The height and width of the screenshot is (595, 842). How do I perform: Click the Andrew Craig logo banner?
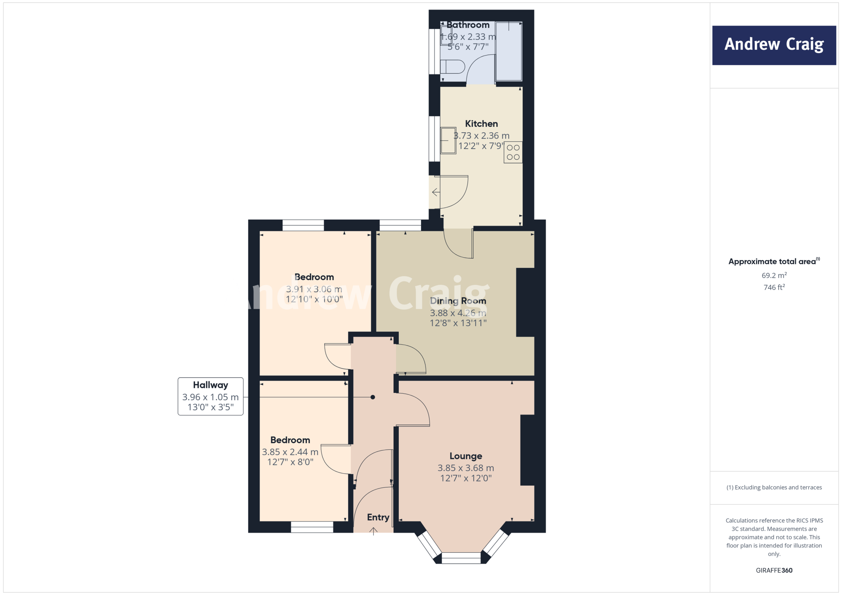click(774, 45)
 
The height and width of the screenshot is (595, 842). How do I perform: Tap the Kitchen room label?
click(481, 124)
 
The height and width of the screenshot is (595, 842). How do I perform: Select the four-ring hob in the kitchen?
click(513, 152)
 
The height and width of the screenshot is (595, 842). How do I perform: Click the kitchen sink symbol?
click(448, 141)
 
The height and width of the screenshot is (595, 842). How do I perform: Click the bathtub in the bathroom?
click(509, 51)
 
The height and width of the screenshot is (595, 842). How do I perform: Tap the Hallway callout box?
click(210, 396)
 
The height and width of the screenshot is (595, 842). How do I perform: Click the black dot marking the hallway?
click(372, 397)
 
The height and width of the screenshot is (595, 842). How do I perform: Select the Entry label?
click(378, 517)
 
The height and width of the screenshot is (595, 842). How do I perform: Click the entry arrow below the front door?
click(373, 531)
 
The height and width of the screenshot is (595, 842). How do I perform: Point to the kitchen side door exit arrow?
click(435, 192)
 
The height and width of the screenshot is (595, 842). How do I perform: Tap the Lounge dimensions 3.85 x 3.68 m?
click(465, 468)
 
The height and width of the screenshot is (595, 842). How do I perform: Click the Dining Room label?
click(458, 301)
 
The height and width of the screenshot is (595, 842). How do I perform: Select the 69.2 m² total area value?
click(774, 275)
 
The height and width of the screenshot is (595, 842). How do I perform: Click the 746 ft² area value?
click(774, 287)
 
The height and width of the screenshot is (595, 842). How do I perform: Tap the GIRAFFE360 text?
click(774, 570)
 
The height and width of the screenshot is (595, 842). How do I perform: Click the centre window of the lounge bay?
click(461, 558)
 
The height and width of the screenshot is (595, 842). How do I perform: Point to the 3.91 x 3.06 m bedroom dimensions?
click(314, 289)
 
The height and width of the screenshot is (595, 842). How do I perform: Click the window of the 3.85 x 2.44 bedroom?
click(312, 527)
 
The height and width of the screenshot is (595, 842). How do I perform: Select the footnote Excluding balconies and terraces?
click(774, 487)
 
